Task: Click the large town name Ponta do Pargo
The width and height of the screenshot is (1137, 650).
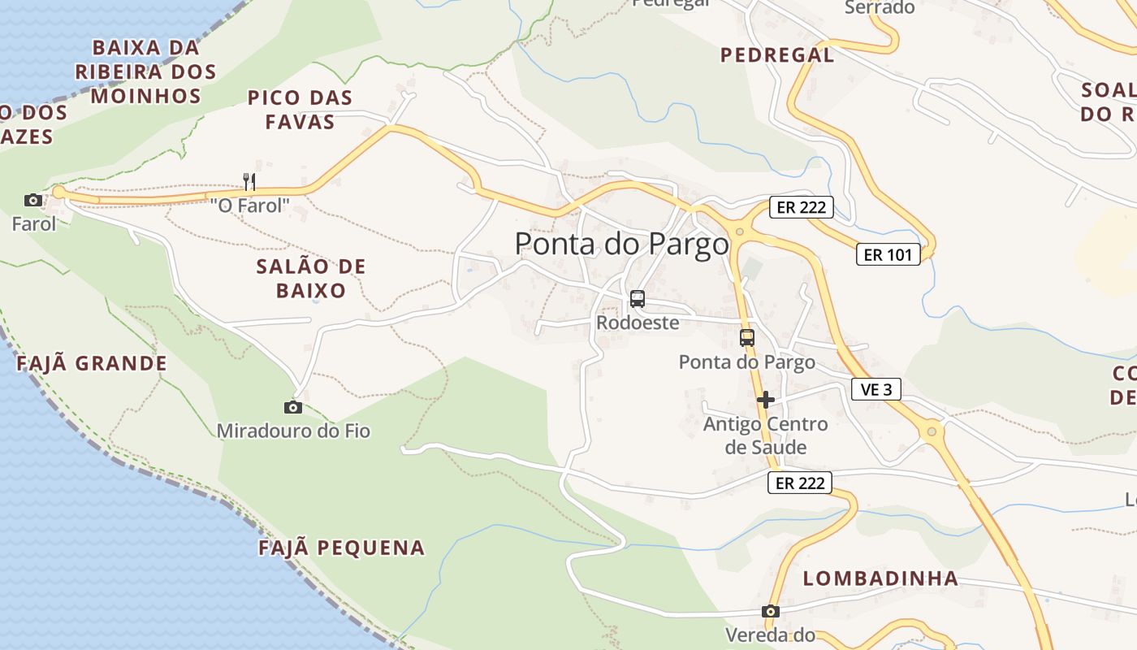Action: click(x=622, y=244)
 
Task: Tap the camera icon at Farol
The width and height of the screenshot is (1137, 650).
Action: click(x=33, y=200)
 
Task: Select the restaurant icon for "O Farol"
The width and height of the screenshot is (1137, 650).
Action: click(x=249, y=181)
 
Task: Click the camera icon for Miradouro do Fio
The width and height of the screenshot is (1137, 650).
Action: click(x=293, y=407)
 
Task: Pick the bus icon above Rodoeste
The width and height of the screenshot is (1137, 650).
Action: click(x=638, y=299)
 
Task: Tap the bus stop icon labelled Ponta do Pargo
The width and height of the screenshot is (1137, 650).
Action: click(x=747, y=337)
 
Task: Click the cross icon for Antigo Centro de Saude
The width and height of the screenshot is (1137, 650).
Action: click(x=765, y=400)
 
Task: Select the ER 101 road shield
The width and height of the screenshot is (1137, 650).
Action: click(x=888, y=254)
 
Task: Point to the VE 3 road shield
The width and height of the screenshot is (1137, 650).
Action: click(x=876, y=389)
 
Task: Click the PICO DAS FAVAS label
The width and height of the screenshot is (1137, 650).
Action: click(x=300, y=110)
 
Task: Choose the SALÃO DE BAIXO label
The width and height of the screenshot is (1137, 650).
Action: click(x=311, y=278)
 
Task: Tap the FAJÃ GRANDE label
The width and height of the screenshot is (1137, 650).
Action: click(x=92, y=363)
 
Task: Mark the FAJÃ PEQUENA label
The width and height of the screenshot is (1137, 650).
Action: click(x=342, y=548)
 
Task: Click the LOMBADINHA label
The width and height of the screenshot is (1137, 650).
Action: click(x=881, y=578)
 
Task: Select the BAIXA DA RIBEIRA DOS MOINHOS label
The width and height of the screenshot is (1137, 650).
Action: click(x=146, y=71)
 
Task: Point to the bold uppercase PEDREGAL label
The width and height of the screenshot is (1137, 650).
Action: click(x=777, y=54)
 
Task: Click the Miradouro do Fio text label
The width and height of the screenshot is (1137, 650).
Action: click(x=293, y=431)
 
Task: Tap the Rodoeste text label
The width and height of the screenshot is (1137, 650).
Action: click(x=638, y=323)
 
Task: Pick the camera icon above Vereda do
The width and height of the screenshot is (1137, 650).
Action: click(x=771, y=612)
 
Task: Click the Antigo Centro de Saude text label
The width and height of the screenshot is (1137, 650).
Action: click(x=766, y=435)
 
